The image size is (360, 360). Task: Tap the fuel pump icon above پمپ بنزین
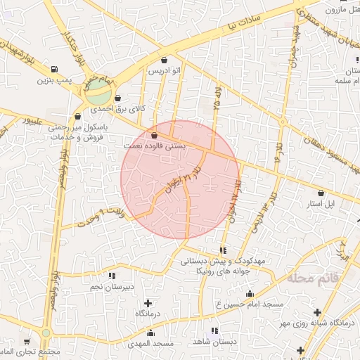(x=54, y=69)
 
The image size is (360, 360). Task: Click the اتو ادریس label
(x=164, y=72)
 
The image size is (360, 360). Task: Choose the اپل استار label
(x=322, y=204)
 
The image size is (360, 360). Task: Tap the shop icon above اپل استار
(x=321, y=192)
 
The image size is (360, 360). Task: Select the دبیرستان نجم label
(x=113, y=287)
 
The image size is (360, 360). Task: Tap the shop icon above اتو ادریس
(x=164, y=60)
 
